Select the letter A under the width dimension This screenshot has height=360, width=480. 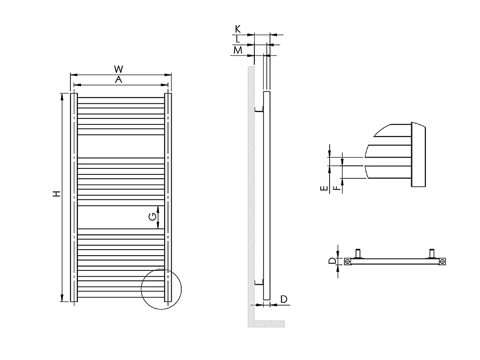click(x=118, y=80)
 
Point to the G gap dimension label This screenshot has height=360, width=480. click(x=152, y=216)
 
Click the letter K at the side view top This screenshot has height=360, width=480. click(x=238, y=29)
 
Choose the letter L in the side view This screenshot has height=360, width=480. click(x=238, y=39)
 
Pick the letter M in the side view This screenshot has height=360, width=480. click(x=238, y=50)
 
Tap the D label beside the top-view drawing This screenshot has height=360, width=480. click(x=332, y=261)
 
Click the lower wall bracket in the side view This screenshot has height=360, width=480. click(x=258, y=283)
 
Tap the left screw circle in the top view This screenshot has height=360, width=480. click(x=348, y=262)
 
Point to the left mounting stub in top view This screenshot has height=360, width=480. click(x=359, y=254)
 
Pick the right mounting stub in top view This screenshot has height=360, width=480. click(x=432, y=254)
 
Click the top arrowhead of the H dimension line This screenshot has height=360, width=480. click(x=62, y=96)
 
